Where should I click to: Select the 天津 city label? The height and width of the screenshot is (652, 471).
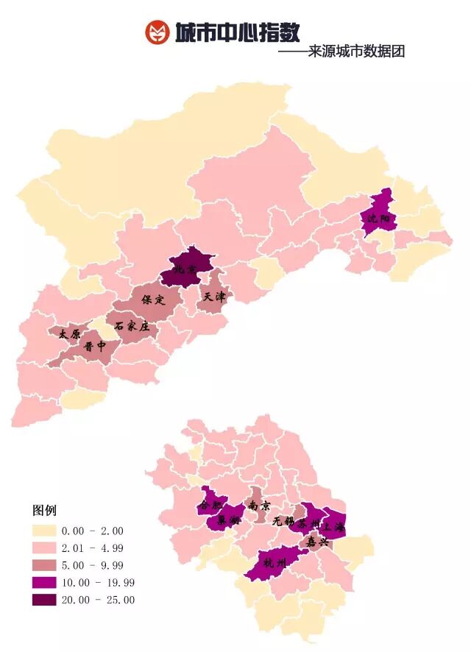coord(214,297)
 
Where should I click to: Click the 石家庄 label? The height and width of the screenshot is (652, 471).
coord(132,326)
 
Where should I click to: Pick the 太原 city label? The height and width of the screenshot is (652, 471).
coord(70,333)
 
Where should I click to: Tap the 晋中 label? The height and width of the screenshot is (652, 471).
coord(95,346)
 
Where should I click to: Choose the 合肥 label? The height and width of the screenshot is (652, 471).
coord(210,506)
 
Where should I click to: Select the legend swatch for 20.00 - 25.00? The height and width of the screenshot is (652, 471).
coord(43,600)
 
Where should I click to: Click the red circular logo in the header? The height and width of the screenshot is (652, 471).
coord(157,32)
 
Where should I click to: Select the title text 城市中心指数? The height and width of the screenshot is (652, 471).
coord(237,32)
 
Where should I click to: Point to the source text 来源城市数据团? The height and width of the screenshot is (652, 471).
coord(356,52)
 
